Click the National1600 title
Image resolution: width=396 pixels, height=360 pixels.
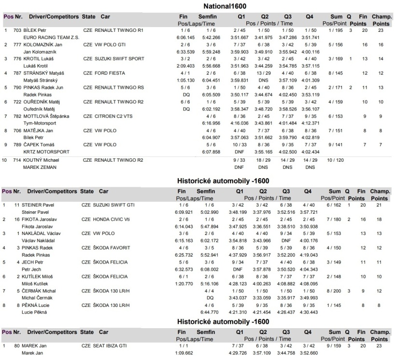225,6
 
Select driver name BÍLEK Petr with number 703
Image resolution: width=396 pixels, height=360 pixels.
35,30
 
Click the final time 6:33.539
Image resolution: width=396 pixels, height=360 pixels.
185,52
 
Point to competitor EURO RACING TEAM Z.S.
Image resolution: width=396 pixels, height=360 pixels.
51,37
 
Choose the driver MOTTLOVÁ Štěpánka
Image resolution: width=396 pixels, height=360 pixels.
46,116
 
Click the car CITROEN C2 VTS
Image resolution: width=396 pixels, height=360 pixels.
113,116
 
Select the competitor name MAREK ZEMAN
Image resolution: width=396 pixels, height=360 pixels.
40,167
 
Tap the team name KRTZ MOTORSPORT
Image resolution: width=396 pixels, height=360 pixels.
46,152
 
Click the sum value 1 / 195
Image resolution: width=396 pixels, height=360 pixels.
336,30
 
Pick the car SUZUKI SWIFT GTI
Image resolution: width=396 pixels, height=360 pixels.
113,205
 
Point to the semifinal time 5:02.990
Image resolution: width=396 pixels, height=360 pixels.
210,212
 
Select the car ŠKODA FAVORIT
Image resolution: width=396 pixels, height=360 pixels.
112,248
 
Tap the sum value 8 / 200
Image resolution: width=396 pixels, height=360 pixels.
334,291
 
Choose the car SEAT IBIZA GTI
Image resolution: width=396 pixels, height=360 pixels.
110,346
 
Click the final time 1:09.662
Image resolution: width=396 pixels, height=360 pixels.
184,353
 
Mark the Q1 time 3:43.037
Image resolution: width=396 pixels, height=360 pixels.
238,298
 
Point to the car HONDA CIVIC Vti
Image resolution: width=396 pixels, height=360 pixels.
111,220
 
